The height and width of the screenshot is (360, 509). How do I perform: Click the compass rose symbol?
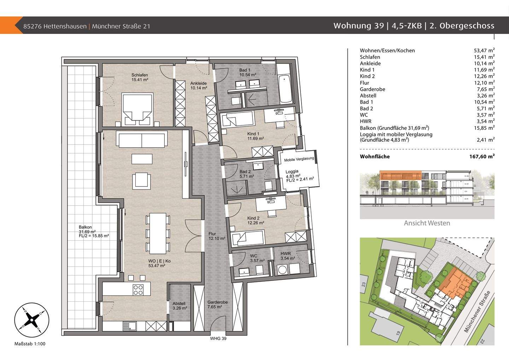click(x=31, y=320)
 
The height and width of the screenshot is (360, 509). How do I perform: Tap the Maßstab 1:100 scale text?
click(x=30, y=344)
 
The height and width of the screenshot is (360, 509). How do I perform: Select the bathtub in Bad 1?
click(x=285, y=89)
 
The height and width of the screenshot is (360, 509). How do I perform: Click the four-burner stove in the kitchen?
click(x=138, y=290)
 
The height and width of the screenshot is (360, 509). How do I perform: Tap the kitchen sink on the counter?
click(x=129, y=326)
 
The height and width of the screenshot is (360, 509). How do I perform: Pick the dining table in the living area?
click(x=158, y=233)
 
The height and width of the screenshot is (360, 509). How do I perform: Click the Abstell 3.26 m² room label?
click(x=180, y=306)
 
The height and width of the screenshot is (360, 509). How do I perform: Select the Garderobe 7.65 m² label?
click(x=217, y=305)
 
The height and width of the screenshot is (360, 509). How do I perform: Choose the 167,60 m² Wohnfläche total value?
click(x=482, y=156)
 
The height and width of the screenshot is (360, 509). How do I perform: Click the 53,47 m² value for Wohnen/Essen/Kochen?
click(x=484, y=50)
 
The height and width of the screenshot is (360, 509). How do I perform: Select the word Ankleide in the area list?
click(x=370, y=63)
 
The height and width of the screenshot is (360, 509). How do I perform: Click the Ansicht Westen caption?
click(x=427, y=223)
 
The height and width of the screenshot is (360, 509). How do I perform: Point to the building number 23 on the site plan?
click(x=364, y=284)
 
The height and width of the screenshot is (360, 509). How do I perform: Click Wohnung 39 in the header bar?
click(x=358, y=25)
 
